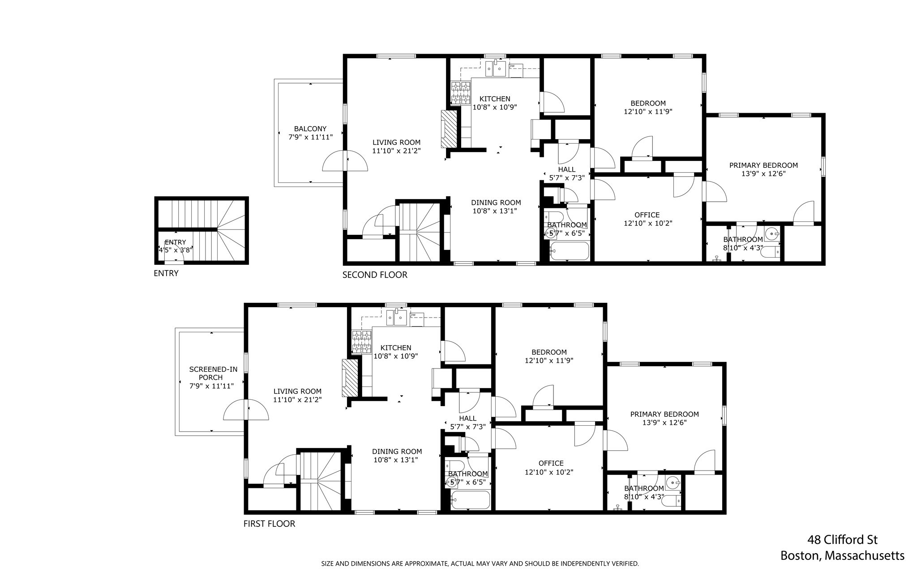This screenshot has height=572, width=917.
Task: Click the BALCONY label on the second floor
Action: point(310,129)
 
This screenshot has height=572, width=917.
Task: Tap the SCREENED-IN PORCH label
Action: point(213,373)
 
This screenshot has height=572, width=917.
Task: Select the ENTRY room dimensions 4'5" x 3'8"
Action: point(175,250)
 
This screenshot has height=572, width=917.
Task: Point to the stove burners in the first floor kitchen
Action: point(362,342)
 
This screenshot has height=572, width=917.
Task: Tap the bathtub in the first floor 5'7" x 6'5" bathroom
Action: point(470,500)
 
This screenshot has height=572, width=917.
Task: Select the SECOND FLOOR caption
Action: point(375,275)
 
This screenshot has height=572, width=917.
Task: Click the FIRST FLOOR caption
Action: point(269,524)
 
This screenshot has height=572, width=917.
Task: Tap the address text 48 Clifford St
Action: point(842,540)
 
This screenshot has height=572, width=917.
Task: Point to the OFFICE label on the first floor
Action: point(551,463)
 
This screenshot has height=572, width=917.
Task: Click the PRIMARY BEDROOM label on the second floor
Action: point(763,165)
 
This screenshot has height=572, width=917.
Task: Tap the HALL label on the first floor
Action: point(467,418)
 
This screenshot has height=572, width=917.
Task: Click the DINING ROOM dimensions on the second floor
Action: point(496,211)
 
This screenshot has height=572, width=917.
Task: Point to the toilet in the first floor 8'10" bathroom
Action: point(672,500)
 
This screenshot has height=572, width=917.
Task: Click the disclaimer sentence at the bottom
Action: point(480,564)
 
